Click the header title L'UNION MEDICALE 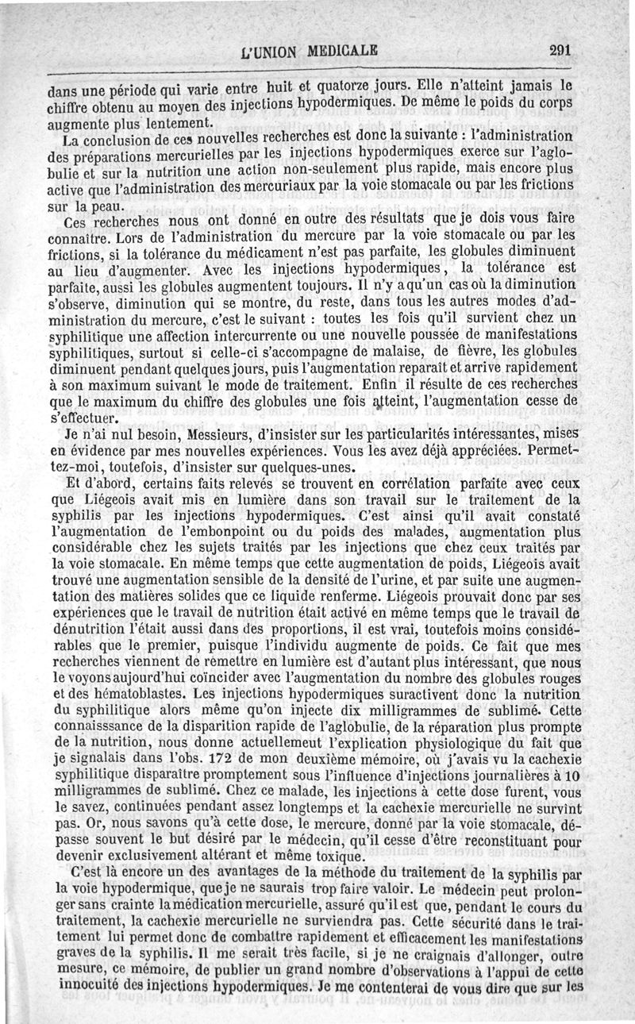(310, 53)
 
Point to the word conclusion (106, 139)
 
